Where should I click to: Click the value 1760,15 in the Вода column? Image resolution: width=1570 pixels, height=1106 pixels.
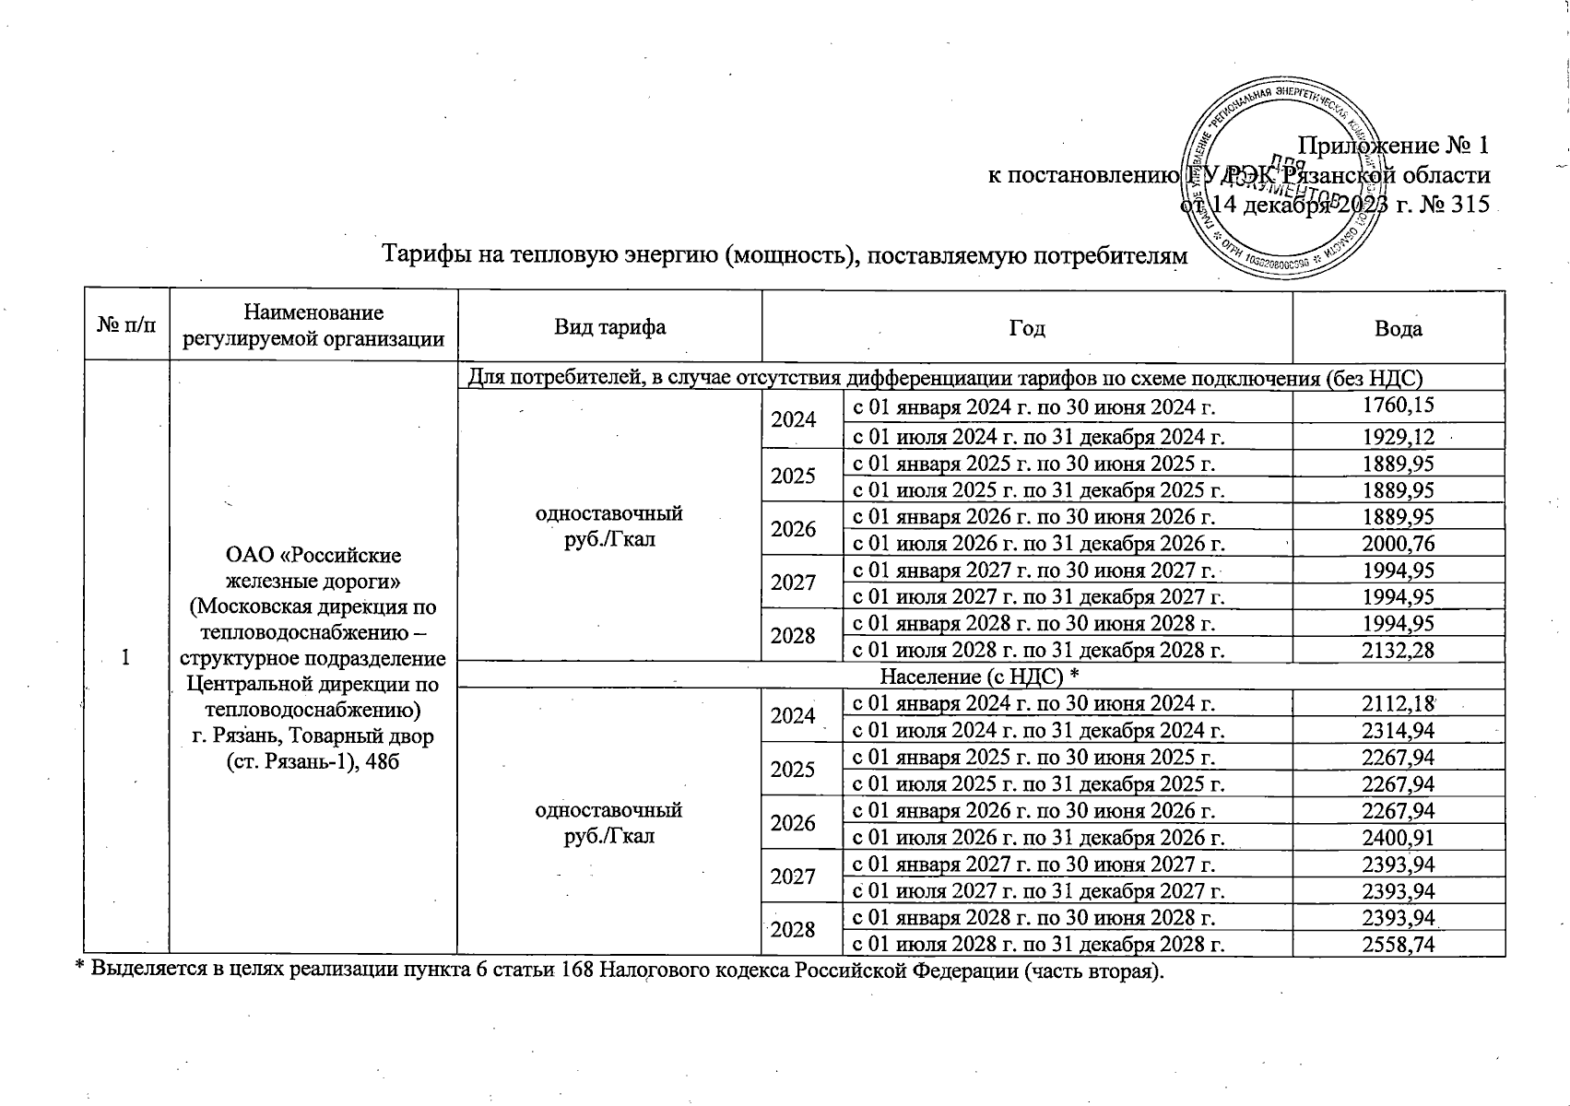[1398, 406]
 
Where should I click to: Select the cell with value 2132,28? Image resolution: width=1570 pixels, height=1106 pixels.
[1398, 650]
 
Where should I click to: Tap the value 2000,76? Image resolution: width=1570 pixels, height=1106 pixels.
[1398, 544]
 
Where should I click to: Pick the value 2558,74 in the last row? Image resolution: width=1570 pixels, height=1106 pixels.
[1398, 945]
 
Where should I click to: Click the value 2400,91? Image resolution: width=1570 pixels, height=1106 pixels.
[1398, 838]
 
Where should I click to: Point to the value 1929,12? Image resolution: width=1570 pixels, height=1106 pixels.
[1398, 437]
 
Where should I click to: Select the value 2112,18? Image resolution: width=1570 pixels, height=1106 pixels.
[1398, 703]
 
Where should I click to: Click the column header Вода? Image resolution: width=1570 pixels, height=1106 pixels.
[1398, 328]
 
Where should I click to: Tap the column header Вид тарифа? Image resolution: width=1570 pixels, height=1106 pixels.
[609, 327]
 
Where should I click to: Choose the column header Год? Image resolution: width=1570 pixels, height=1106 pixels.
[1026, 328]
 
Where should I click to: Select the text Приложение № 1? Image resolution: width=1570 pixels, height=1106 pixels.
[1393, 146]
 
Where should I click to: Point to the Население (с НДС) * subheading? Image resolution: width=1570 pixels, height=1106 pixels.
[980, 677]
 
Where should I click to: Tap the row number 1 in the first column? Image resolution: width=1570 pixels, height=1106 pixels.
[126, 658]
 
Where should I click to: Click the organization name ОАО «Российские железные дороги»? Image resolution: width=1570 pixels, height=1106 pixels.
[313, 569]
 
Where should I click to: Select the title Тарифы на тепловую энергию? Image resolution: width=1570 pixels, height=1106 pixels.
[784, 253]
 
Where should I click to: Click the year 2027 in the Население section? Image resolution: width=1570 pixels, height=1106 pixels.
[793, 877]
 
